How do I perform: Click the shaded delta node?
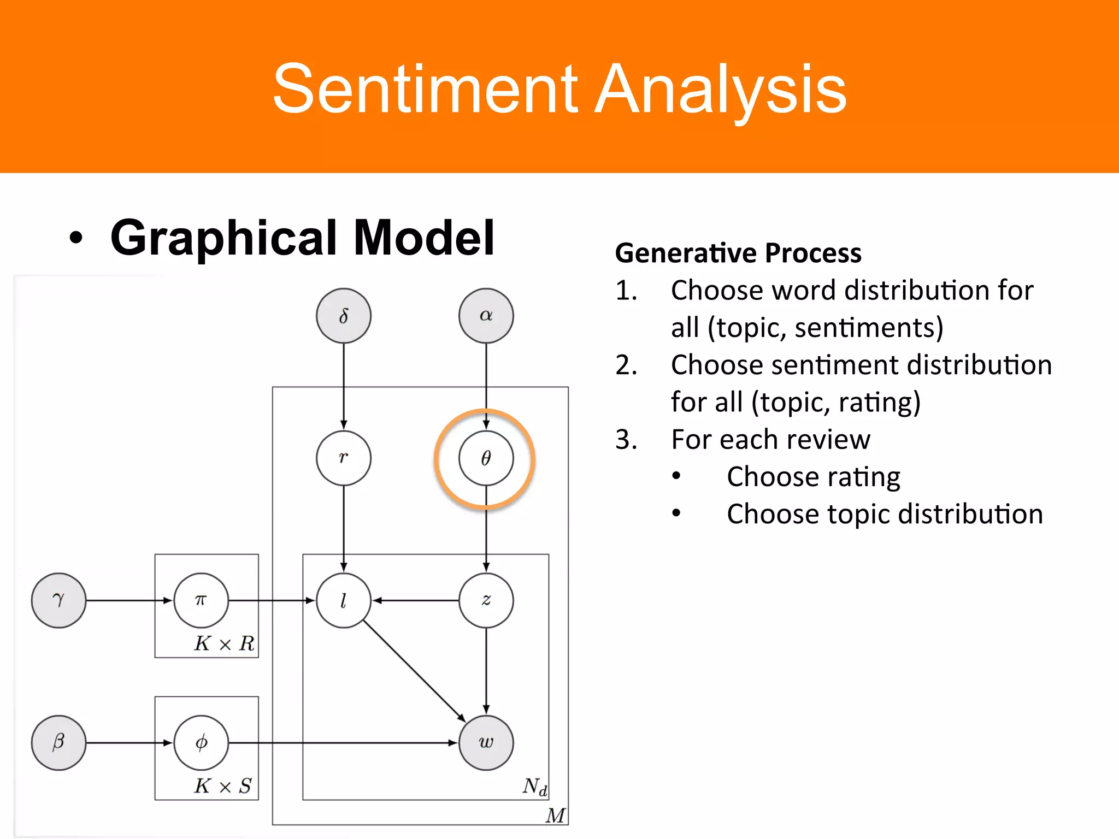point(343,316)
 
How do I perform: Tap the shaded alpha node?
point(486,316)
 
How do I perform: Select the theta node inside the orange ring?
point(486,458)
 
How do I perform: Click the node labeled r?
point(343,458)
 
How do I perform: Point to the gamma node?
point(58,600)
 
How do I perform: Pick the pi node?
point(201,600)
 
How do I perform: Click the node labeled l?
point(343,600)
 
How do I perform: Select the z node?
point(486,600)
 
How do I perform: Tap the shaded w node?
point(486,742)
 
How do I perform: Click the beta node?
point(58,742)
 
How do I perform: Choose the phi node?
point(201,742)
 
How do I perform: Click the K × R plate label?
point(224,643)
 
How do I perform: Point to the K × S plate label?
point(223,786)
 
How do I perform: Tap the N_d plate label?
point(534,787)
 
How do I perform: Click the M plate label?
point(555,816)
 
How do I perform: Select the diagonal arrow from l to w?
point(414,671)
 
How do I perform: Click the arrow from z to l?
point(415,600)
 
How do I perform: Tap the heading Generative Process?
point(738,253)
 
